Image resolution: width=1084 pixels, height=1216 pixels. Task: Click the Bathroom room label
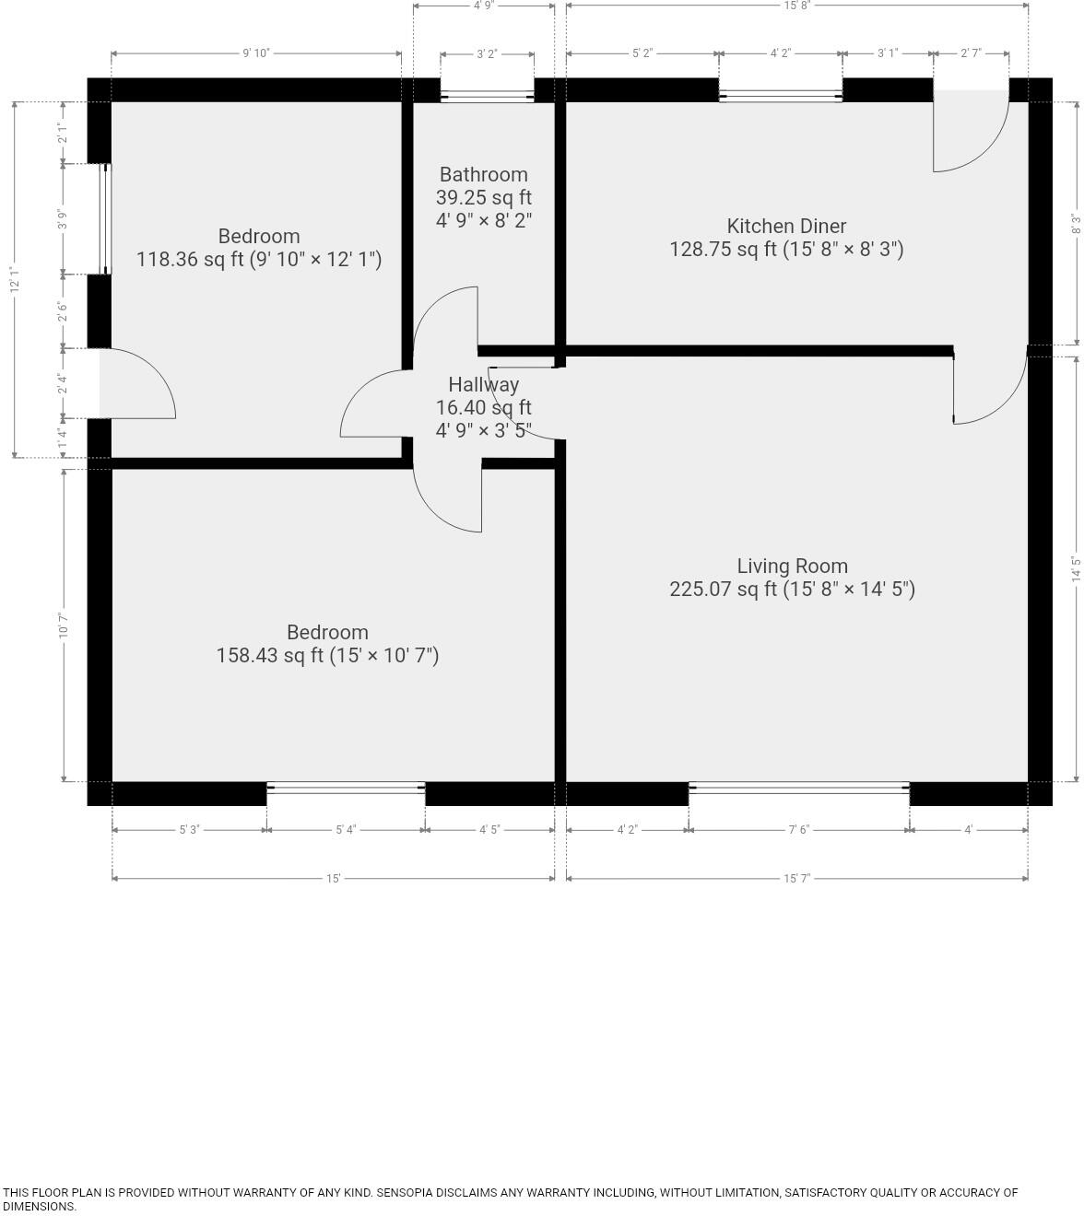click(x=483, y=175)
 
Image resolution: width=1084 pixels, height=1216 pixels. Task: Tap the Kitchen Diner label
click(x=786, y=227)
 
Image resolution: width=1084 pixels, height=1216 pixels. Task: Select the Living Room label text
click(x=792, y=567)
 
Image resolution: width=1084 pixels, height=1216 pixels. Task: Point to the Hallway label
click(x=483, y=385)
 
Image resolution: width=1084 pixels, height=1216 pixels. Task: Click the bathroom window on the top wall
click(x=487, y=96)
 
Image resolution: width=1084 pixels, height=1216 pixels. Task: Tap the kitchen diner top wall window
click(x=780, y=96)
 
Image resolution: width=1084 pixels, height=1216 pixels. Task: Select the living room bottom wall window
click(x=798, y=788)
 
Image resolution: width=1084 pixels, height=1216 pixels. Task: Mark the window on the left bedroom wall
click(x=105, y=219)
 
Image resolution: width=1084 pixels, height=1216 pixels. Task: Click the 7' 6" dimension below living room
click(x=798, y=830)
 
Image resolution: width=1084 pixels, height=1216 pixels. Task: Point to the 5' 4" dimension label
click(x=346, y=830)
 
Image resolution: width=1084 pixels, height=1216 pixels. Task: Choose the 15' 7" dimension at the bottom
click(x=796, y=879)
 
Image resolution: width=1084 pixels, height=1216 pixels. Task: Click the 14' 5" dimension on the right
click(x=1076, y=568)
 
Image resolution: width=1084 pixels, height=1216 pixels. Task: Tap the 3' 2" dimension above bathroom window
click(x=487, y=54)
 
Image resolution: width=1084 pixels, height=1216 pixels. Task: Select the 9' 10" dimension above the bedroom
click(x=255, y=53)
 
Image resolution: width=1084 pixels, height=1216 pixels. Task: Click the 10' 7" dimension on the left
click(x=64, y=626)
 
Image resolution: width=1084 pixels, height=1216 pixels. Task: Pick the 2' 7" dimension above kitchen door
click(x=971, y=54)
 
